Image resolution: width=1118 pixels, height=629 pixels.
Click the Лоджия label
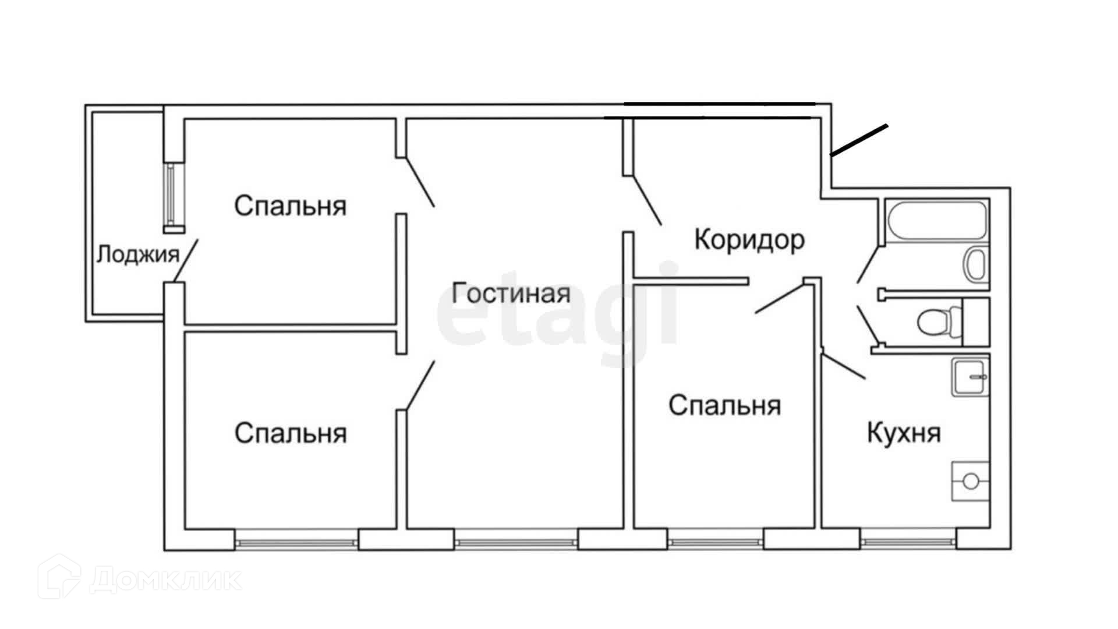click(x=137, y=255)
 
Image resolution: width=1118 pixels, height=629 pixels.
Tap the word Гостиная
click(x=511, y=293)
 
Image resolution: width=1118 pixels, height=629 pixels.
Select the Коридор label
click(x=749, y=239)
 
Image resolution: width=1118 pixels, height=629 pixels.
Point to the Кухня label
click(x=904, y=433)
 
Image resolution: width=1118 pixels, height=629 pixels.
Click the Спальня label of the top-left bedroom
click(x=290, y=206)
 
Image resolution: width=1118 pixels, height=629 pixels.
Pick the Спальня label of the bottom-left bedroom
click(x=290, y=433)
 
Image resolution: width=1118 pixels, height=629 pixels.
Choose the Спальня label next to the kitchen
click(x=724, y=405)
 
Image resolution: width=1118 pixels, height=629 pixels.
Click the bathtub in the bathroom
click(x=937, y=220)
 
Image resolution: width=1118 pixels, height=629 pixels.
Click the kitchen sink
click(x=971, y=377)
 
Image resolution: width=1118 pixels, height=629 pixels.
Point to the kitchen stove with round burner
click(x=970, y=481)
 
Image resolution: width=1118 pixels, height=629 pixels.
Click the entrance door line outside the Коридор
click(x=859, y=140)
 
